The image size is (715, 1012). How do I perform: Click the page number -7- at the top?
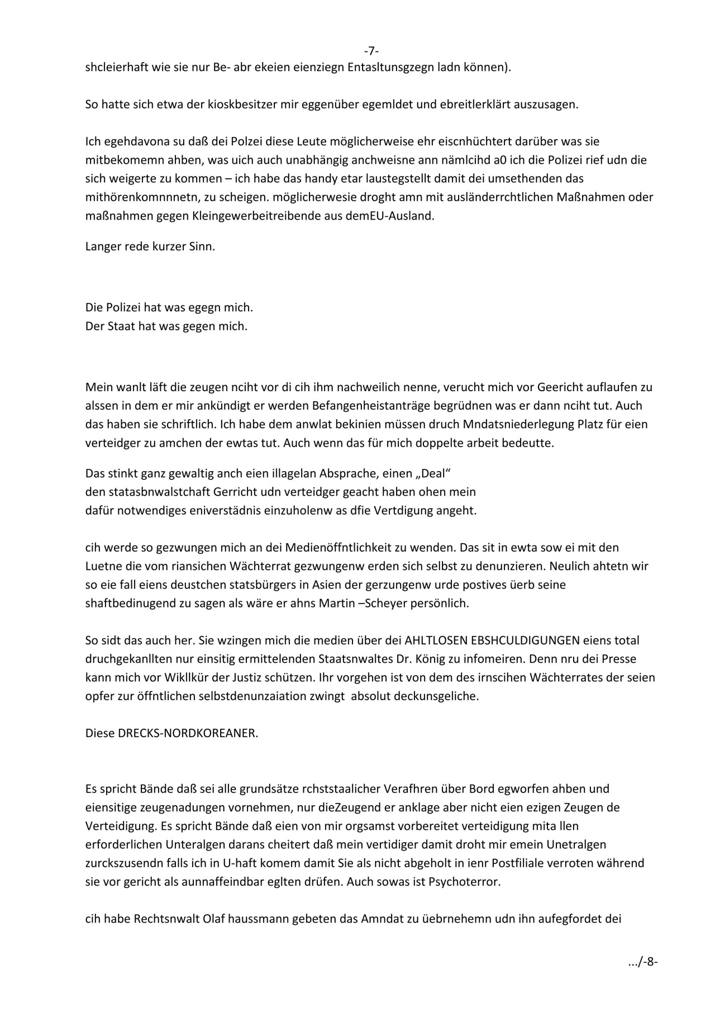[371, 51]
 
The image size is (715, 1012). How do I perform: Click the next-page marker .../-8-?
[642, 962]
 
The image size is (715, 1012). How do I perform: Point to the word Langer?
[102, 246]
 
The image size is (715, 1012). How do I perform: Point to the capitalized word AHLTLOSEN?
[436, 640]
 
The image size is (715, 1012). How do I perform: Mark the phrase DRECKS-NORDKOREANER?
[188, 734]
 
